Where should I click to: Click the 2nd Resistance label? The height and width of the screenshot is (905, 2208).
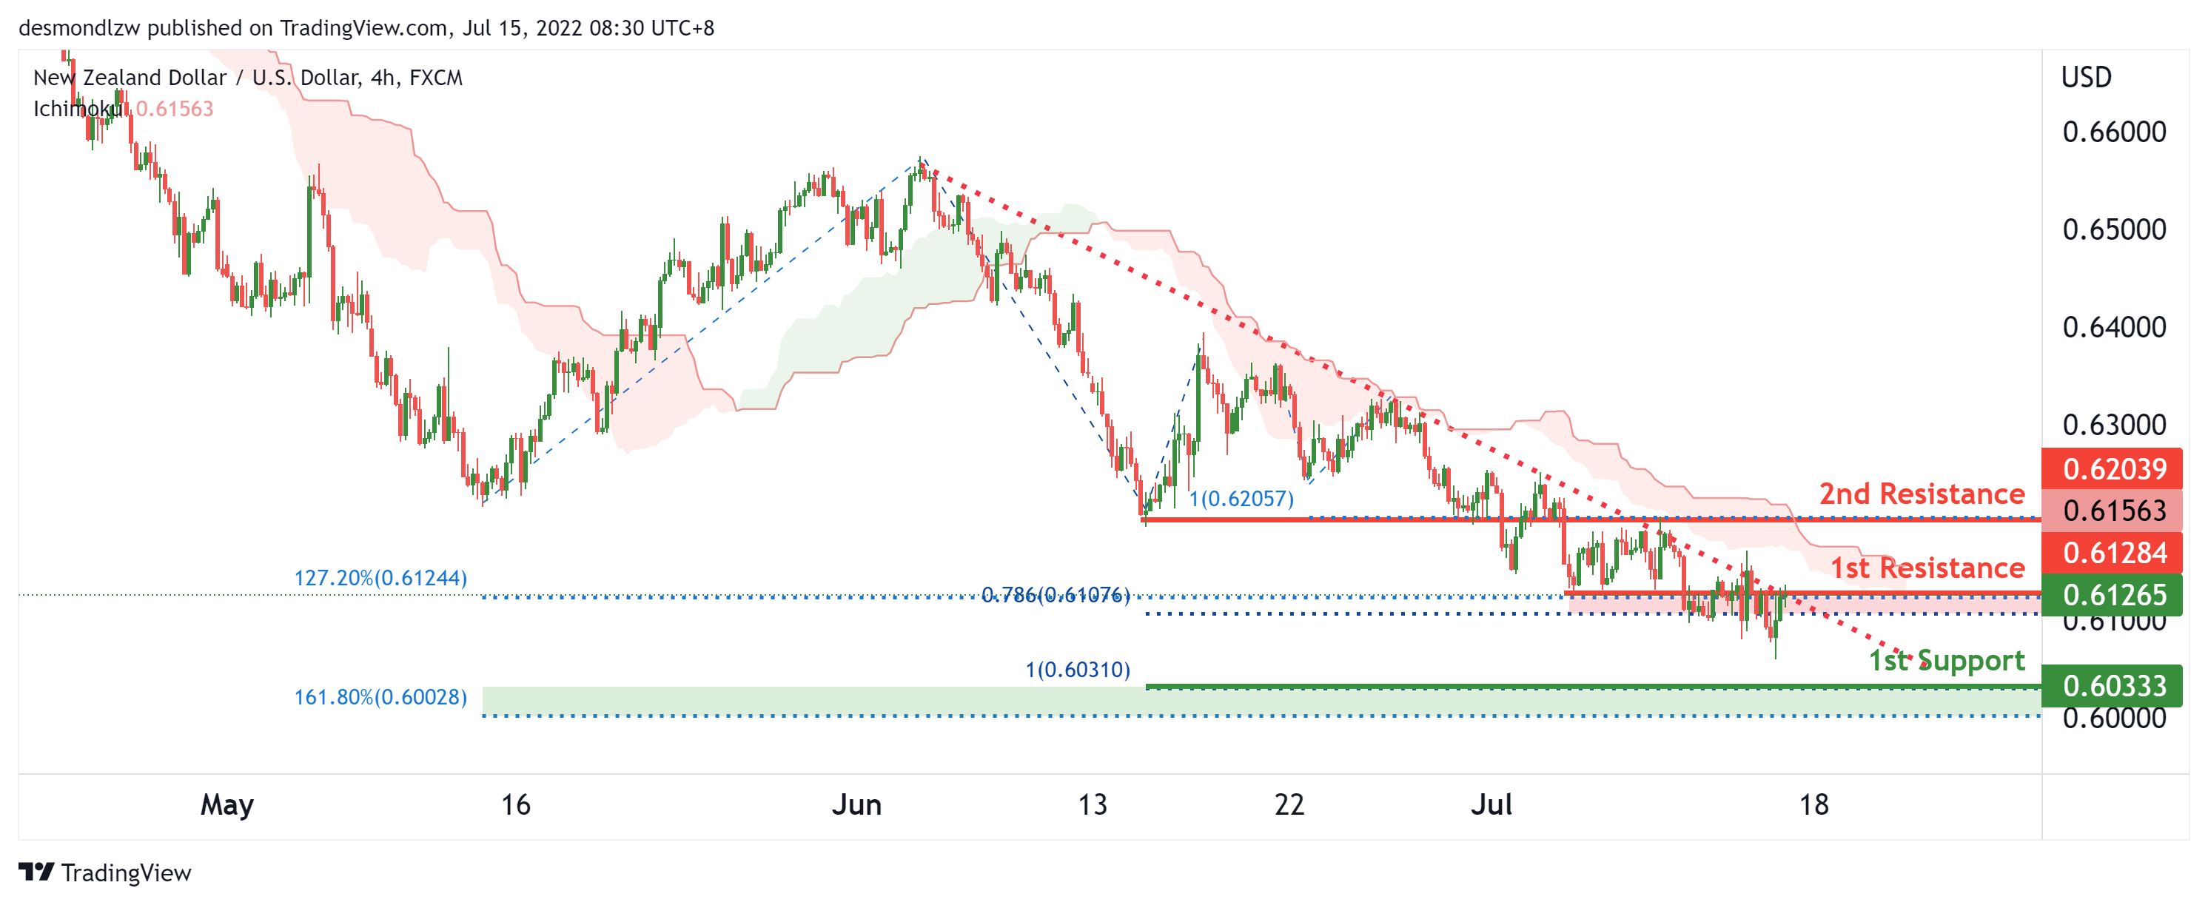pyautogui.click(x=1921, y=494)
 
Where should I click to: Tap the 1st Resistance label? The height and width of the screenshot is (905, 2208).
pyautogui.click(x=1927, y=568)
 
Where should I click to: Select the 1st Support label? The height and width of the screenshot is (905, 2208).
pyautogui.click(x=1946, y=660)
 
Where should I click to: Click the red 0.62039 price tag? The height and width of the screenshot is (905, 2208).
pyautogui.click(x=2114, y=469)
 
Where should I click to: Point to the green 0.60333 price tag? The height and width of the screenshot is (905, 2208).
pyautogui.click(x=2114, y=686)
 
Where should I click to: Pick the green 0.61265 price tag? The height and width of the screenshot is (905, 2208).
pyautogui.click(x=2114, y=595)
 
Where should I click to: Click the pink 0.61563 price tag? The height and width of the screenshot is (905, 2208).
pyautogui.click(x=2114, y=511)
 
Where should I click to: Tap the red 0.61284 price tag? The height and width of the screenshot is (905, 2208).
pyautogui.click(x=2114, y=553)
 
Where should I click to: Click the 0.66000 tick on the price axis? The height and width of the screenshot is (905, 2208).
pyautogui.click(x=2114, y=132)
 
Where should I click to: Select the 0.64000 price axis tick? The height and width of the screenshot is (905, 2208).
pyautogui.click(x=2114, y=327)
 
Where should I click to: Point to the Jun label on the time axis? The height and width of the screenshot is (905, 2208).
pyautogui.click(x=856, y=804)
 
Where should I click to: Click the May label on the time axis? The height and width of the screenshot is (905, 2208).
pyautogui.click(x=227, y=804)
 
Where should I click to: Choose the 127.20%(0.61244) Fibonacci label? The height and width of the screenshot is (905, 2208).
pyautogui.click(x=380, y=579)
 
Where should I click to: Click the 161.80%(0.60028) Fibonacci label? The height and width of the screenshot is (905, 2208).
pyautogui.click(x=380, y=697)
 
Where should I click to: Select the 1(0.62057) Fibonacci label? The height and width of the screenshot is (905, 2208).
pyautogui.click(x=1241, y=499)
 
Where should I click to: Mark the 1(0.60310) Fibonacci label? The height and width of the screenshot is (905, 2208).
pyautogui.click(x=1078, y=670)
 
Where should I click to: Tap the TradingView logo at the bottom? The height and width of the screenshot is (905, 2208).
pyautogui.click(x=104, y=872)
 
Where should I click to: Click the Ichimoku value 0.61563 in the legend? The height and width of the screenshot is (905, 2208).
pyautogui.click(x=175, y=109)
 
